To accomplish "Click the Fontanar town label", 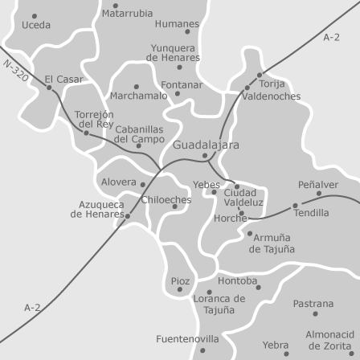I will coord(182,84).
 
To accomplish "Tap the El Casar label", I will coord(64,79).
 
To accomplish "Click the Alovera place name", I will coord(119,182).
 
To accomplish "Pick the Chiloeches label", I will coord(166,199).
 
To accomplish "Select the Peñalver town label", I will coord(318,184).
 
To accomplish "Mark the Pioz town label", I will coord(181,280).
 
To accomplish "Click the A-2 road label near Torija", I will coord(331,38).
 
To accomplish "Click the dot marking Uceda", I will coord(35,15).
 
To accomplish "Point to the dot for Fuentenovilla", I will coord(203,350).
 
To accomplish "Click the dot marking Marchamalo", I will coord(137,85).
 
